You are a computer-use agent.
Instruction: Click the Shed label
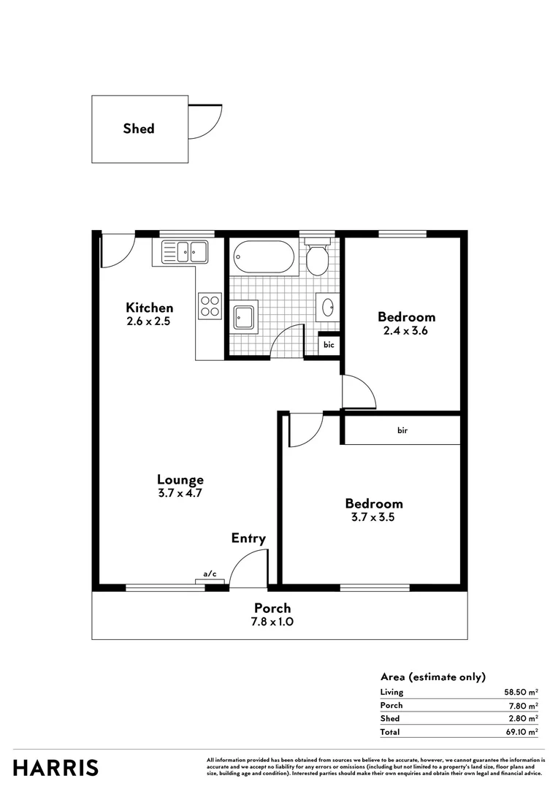tap(139, 129)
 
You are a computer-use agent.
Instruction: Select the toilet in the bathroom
tap(318, 258)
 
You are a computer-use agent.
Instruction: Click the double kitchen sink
tap(184, 252)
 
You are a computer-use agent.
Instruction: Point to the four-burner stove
tap(210, 305)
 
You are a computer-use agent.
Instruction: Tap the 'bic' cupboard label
tap(329, 344)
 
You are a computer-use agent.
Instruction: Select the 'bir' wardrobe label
tap(402, 431)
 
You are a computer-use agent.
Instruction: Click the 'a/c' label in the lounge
tap(210, 574)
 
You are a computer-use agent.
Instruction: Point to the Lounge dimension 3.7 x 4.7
tap(180, 493)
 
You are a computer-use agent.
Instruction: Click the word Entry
tap(248, 539)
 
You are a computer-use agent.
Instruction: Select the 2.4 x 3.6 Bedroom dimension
tap(406, 330)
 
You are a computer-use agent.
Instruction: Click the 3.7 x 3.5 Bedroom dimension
tap(374, 517)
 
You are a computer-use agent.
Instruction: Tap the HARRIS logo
tap(56, 768)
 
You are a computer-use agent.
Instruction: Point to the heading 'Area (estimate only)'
tap(433, 677)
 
